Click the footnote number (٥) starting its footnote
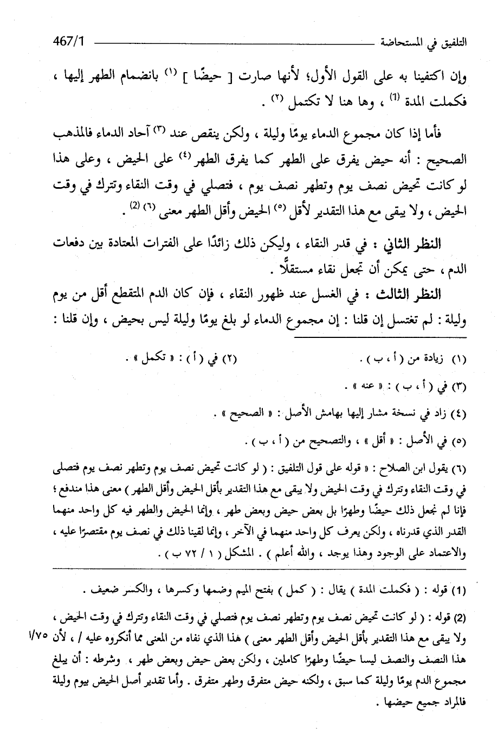459,443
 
